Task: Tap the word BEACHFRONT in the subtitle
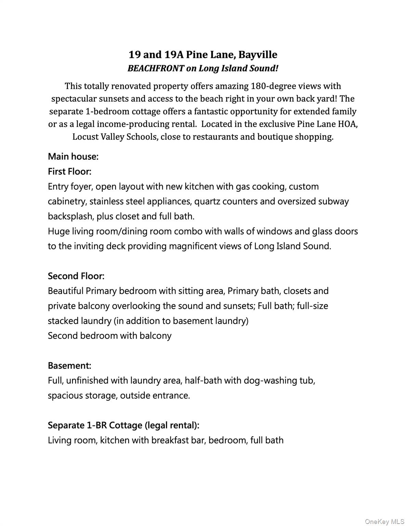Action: pos(155,68)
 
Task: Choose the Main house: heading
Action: pos(73,156)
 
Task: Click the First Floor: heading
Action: pos(70,171)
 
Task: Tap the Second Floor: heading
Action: pos(76,276)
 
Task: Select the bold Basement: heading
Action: pos(69,365)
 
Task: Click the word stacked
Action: pos(63,321)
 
